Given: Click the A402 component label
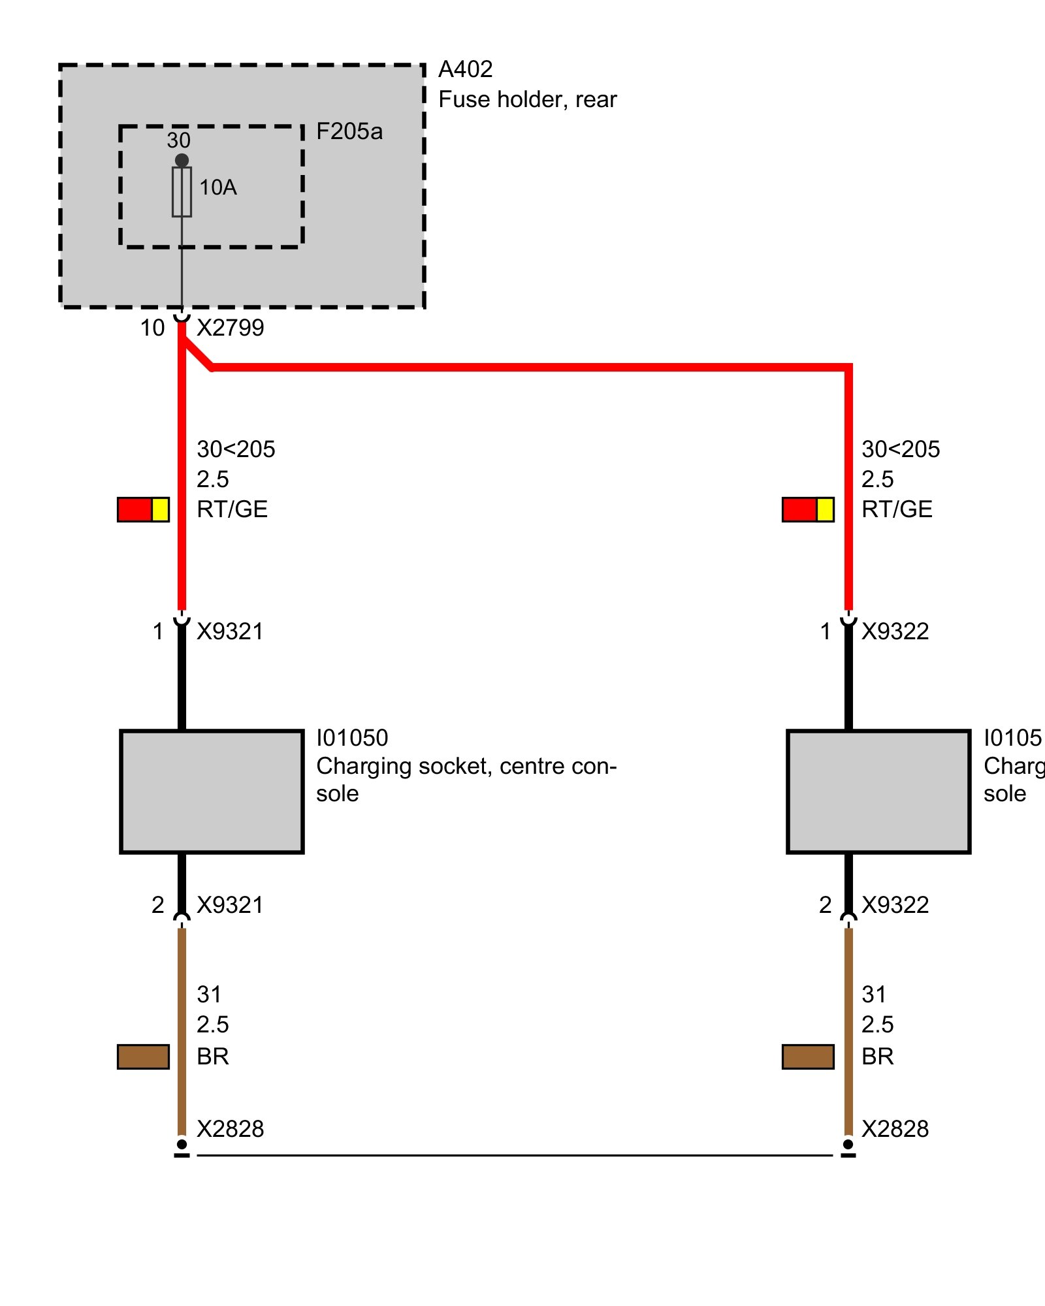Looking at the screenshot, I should [465, 69].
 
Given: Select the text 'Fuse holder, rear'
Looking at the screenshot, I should [527, 99].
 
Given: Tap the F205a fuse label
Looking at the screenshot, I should [349, 131].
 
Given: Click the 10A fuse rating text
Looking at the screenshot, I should [217, 187].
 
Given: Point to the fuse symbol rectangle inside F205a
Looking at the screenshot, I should [182, 192].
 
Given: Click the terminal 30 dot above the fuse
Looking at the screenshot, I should [182, 160].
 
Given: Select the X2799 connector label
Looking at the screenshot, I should [230, 328].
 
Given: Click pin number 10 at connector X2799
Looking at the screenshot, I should [152, 328].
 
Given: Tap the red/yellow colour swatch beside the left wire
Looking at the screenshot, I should [143, 509].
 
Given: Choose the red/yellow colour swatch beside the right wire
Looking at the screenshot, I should [808, 509].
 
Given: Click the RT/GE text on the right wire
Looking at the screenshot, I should [897, 509].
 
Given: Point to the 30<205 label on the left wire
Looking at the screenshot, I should [236, 449].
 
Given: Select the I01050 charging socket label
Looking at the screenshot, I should [352, 738].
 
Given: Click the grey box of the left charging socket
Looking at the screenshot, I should [212, 791].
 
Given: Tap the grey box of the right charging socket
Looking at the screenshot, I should [878, 791].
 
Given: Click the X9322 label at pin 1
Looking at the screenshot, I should [895, 631].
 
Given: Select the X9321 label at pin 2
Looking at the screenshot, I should [230, 905].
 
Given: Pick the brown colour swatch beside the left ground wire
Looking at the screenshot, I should [143, 1057].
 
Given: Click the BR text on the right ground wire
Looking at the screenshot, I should [877, 1057].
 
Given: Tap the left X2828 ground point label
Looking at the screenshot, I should [230, 1129].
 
